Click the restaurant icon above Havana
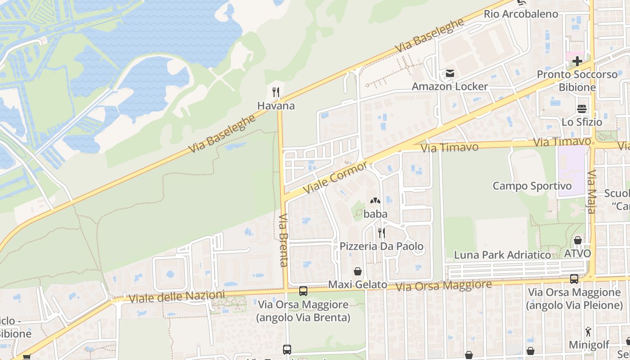click(x=276, y=93)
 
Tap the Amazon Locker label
click(x=450, y=86)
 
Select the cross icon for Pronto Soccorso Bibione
click(x=577, y=61)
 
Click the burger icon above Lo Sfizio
click(x=582, y=109)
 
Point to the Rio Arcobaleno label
click(x=521, y=14)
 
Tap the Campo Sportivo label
click(x=532, y=186)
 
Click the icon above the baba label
click(x=375, y=201)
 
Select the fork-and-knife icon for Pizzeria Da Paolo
click(x=381, y=233)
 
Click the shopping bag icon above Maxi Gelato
click(x=358, y=271)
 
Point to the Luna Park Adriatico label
click(x=502, y=255)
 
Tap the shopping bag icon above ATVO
click(x=577, y=240)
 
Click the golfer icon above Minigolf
click(x=588, y=332)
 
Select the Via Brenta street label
click(x=283, y=240)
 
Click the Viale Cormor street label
click(x=335, y=178)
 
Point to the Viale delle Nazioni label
click(x=176, y=297)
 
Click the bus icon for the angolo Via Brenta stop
click(x=303, y=291)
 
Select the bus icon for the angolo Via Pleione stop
click(x=574, y=279)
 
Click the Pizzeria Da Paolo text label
click(x=381, y=246)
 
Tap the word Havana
click(x=276, y=106)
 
